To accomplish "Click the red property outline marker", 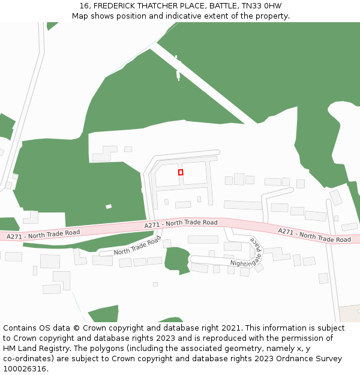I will point(181,172).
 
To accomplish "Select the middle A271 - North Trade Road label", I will point(181,223).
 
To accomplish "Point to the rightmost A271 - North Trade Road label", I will point(314,235).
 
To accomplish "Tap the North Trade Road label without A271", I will point(137,245).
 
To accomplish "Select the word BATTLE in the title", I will point(223,6).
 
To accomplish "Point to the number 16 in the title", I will point(84,6).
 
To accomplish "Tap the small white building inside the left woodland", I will point(109,206).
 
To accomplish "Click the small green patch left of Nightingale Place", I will point(176,259).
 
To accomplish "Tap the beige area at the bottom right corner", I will point(349,313).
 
